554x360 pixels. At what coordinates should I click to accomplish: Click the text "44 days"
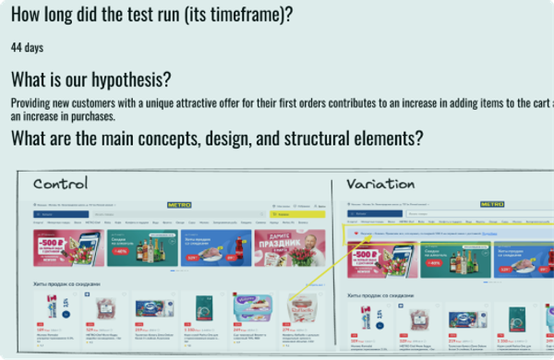click(x=28, y=47)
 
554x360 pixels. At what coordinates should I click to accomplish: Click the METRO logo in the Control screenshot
click(x=179, y=205)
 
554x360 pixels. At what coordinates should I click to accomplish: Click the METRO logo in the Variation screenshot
click(x=492, y=205)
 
